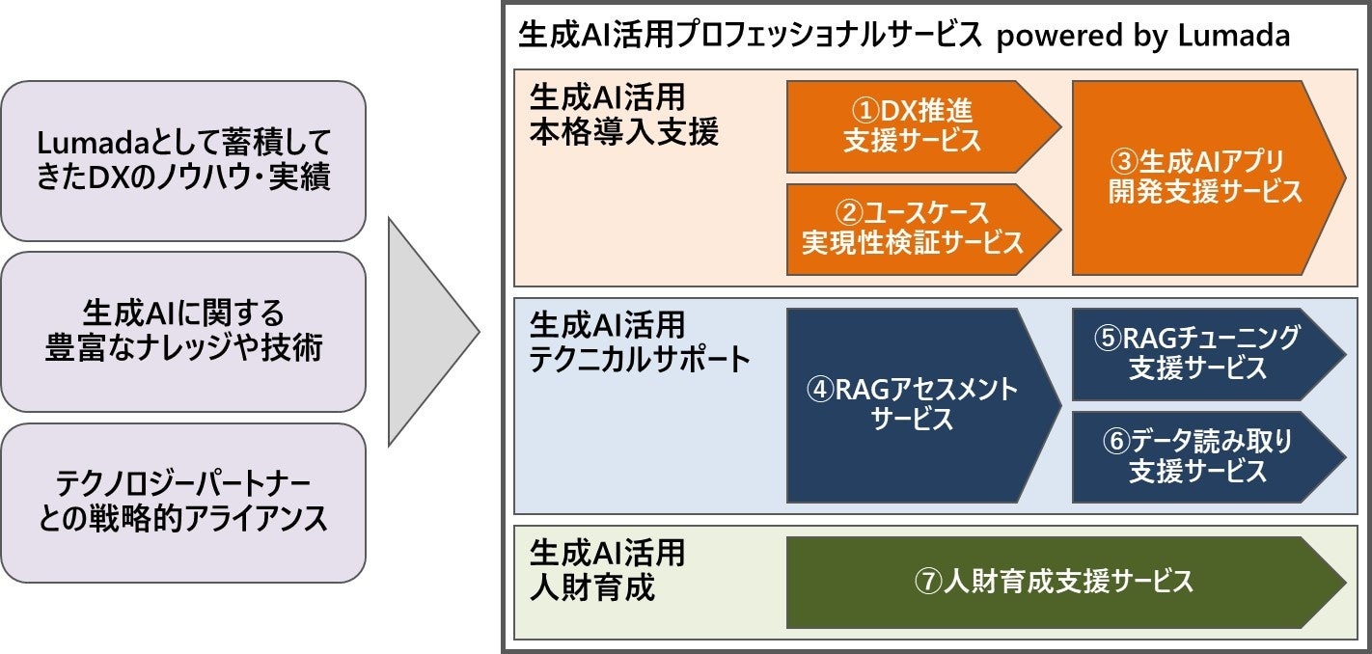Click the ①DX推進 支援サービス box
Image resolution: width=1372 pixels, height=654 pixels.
(912, 126)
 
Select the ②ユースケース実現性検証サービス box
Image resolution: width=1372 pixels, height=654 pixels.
(912, 229)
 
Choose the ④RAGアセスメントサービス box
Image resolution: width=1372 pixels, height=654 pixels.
(912, 404)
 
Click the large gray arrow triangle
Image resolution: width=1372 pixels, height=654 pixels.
(425, 332)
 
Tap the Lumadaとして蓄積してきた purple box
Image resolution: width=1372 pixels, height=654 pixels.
(183, 160)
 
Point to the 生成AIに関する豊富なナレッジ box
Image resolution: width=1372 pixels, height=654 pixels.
(183, 331)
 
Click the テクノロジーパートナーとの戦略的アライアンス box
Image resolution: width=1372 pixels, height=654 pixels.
(183, 503)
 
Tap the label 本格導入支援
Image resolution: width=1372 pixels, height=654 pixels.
(623, 132)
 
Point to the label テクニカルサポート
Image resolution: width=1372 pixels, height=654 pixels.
(640, 360)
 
